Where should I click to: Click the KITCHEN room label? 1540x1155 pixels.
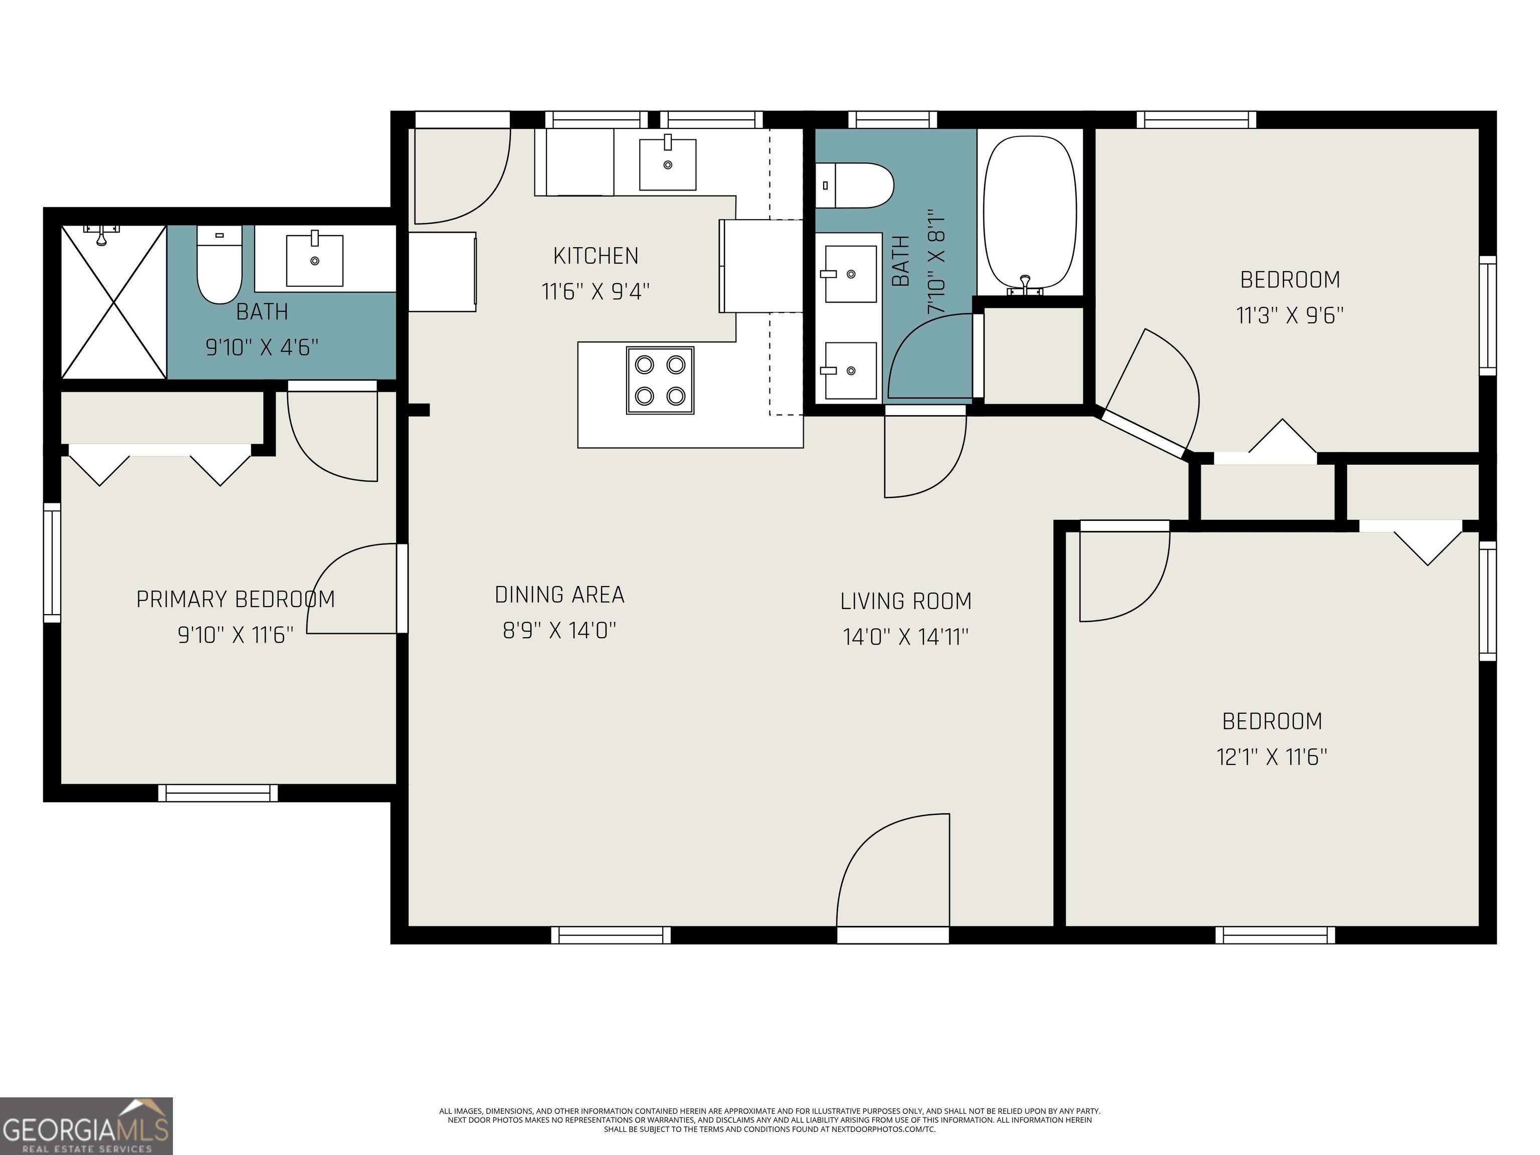point(595,256)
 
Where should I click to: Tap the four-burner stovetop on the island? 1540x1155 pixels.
point(660,381)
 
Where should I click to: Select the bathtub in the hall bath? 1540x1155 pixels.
point(1030,213)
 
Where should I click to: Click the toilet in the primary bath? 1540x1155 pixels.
point(219,265)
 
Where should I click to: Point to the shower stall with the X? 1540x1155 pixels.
point(113,302)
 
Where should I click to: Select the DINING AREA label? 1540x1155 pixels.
point(559,595)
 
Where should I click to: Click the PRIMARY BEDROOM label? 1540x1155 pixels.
point(235,600)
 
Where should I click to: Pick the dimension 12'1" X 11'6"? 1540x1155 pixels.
point(1271,757)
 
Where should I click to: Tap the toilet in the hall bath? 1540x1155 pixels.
point(855,185)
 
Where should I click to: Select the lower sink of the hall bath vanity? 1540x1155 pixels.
point(850,370)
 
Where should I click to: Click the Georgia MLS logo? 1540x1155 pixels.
point(86,1126)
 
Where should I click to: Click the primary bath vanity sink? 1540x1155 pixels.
point(315,260)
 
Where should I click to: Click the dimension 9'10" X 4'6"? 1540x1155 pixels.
point(262,347)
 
